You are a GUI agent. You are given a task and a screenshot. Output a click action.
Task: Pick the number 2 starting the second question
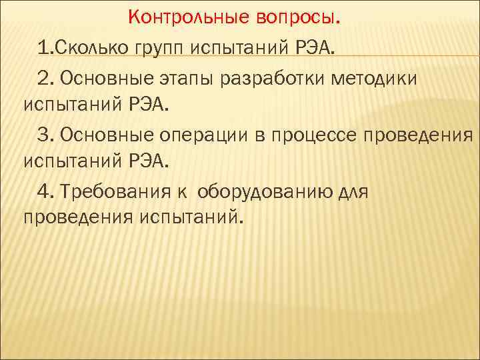pos(43,79)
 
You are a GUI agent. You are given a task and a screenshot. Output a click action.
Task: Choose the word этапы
pos(183,79)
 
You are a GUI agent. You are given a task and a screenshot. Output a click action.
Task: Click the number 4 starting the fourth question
pos(43,192)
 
